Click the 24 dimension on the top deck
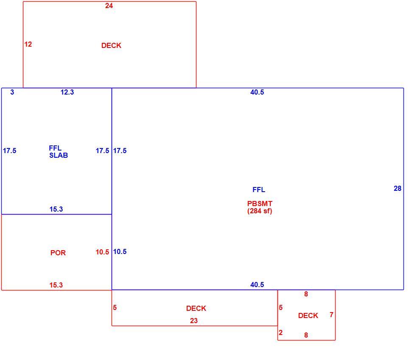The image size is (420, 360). (x=109, y=6)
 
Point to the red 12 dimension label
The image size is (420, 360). (x=28, y=44)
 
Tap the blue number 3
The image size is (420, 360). (x=12, y=92)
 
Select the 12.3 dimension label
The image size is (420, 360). (x=67, y=92)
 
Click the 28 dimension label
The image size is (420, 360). (x=398, y=188)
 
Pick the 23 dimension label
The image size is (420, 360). (x=193, y=321)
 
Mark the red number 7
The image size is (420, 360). (x=331, y=315)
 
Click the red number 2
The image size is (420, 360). (x=280, y=332)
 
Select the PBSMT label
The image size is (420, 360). (x=260, y=204)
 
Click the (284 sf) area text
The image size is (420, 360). (x=260, y=211)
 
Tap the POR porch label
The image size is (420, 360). (x=58, y=253)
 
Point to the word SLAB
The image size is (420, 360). (x=59, y=155)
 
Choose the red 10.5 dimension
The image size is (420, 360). (x=102, y=252)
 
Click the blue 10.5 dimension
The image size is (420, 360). (x=120, y=251)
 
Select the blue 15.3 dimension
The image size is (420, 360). (x=56, y=209)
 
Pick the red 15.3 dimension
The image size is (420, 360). (x=56, y=285)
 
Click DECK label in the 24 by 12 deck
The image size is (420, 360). (x=111, y=45)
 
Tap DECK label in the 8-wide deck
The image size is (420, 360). (x=308, y=315)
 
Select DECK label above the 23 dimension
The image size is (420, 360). (x=196, y=308)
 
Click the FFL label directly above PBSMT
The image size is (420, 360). (x=259, y=190)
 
